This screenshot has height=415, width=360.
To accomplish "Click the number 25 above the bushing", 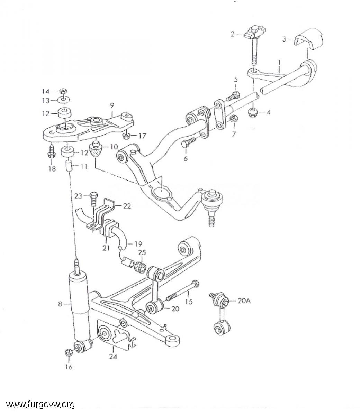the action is point(142,252).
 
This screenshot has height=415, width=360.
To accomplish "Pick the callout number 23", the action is point(78,196).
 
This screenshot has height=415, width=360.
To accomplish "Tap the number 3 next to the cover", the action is point(284,39).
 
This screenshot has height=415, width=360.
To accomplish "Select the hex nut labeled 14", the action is point(63,91).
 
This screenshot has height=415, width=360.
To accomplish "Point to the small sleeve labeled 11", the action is point(69,166).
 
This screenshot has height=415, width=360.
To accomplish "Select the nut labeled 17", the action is point(126,136).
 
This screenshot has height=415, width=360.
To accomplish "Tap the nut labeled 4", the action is point(253,113).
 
